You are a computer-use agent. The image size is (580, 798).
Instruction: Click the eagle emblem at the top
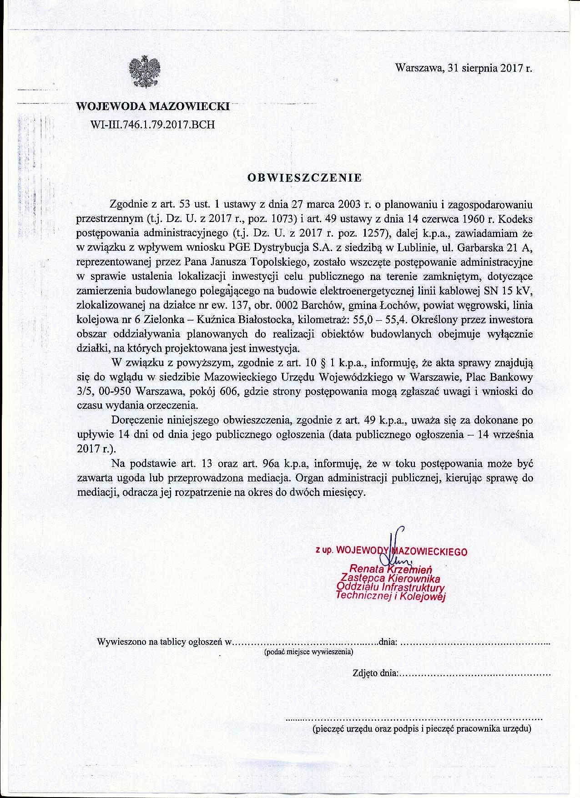click(145, 72)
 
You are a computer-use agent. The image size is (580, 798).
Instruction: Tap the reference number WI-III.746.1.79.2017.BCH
click(153, 124)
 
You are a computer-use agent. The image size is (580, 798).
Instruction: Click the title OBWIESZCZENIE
click(304, 178)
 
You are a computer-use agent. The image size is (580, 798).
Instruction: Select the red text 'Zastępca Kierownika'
click(391, 579)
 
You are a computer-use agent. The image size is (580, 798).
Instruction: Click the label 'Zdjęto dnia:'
click(375, 673)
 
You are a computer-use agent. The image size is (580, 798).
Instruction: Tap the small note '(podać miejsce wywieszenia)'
click(308, 652)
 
